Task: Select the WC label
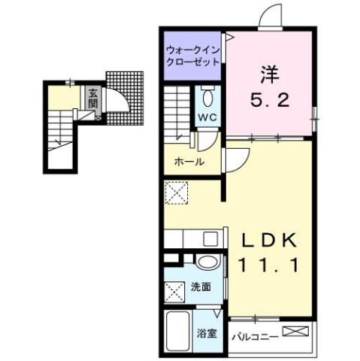207,117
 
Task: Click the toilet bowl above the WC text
208,98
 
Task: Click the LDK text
272,240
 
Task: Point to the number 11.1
272,264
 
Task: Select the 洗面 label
200,287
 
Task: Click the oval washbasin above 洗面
208,262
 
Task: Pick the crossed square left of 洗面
174,290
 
